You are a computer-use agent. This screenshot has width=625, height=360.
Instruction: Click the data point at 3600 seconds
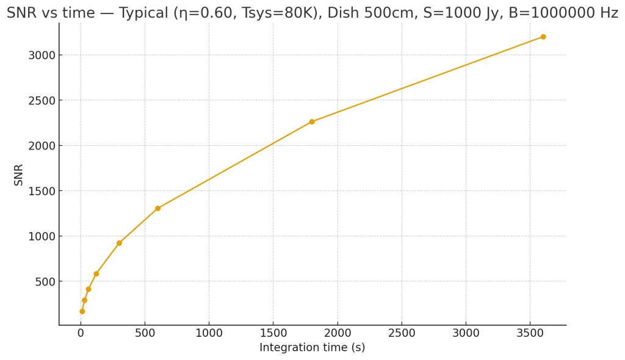pos(543,37)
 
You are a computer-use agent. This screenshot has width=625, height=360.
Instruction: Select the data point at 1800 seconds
pos(312,121)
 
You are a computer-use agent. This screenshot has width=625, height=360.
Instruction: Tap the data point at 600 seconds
pos(157,208)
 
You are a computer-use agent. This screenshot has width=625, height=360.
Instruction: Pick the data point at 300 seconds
pos(119,243)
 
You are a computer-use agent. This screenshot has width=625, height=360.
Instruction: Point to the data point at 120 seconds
pos(96,273)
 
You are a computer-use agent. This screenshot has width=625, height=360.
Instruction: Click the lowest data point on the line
pos(82,311)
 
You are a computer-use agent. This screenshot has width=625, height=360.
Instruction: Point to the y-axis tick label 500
pos(46,282)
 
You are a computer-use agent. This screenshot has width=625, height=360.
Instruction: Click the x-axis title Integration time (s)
pos(312,348)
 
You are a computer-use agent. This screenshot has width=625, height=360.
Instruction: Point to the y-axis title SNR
pos(19,175)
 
